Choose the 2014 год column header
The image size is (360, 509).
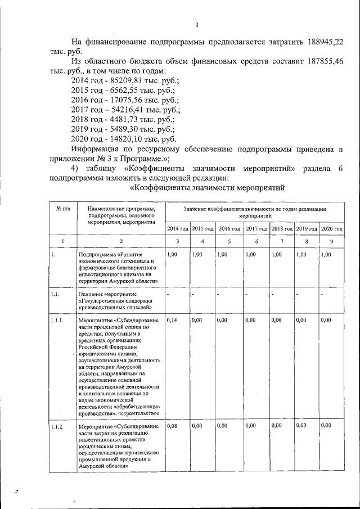pos(177,229)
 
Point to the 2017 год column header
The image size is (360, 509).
pos(256,229)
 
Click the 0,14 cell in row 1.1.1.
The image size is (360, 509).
pos(172,320)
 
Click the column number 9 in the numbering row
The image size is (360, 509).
pos(331,241)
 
